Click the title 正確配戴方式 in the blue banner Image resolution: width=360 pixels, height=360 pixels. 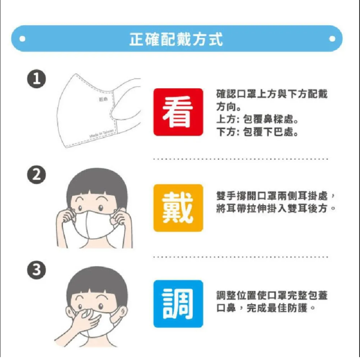point(176,39)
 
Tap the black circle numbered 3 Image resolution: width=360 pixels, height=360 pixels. point(37,271)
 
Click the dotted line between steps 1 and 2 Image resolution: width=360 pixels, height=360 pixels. point(240,159)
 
